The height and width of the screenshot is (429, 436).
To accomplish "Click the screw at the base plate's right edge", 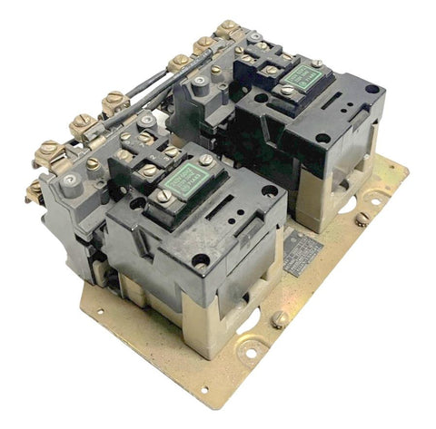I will click(x=362, y=219).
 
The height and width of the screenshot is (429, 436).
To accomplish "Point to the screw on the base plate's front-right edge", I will click(x=282, y=319).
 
